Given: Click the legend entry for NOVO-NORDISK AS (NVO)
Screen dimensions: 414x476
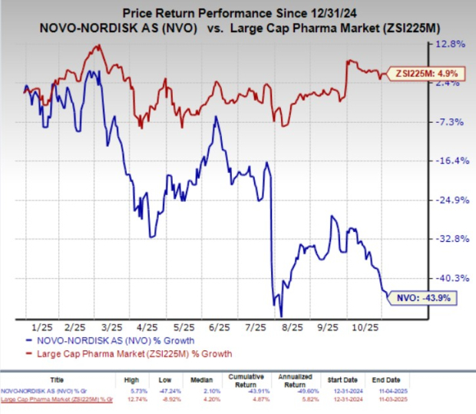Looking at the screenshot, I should click(115, 340).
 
